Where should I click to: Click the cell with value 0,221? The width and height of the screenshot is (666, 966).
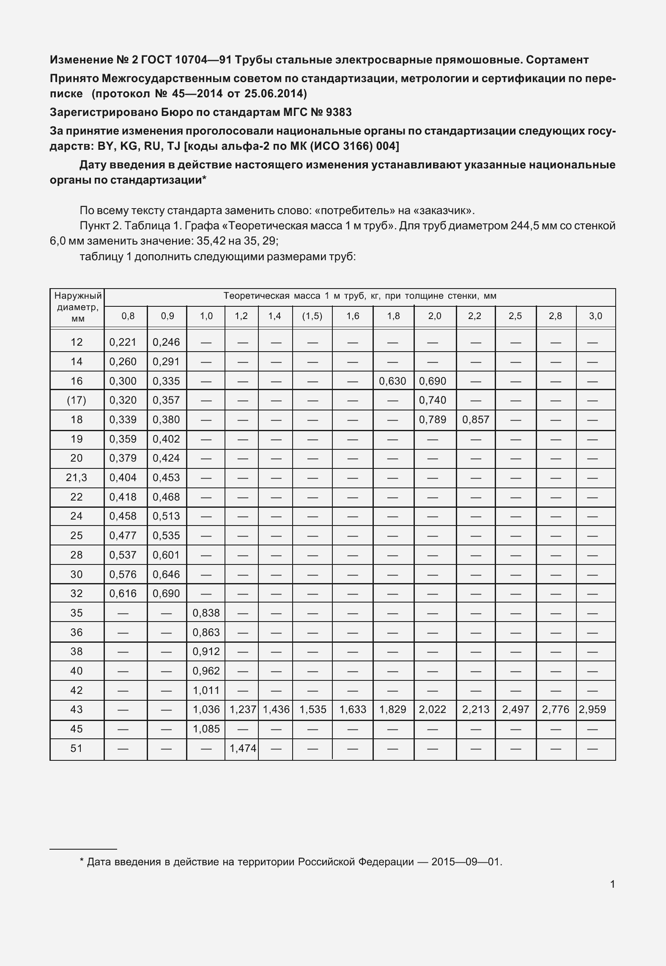(x=123, y=342)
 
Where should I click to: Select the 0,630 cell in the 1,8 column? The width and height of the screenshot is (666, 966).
(x=392, y=381)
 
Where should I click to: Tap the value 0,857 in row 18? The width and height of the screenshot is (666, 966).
(x=476, y=420)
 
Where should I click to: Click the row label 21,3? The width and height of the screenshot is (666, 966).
(x=77, y=478)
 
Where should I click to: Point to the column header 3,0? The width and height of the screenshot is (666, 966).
(x=595, y=316)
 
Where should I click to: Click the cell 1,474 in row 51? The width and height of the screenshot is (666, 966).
(x=243, y=749)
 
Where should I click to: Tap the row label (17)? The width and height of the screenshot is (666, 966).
(x=77, y=400)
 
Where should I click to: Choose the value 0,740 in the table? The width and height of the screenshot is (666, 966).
(x=433, y=400)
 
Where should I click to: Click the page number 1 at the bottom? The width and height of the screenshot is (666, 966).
(x=613, y=884)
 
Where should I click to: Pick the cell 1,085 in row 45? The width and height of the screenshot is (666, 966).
(x=206, y=729)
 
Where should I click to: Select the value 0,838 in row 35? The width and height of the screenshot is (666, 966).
(x=206, y=613)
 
